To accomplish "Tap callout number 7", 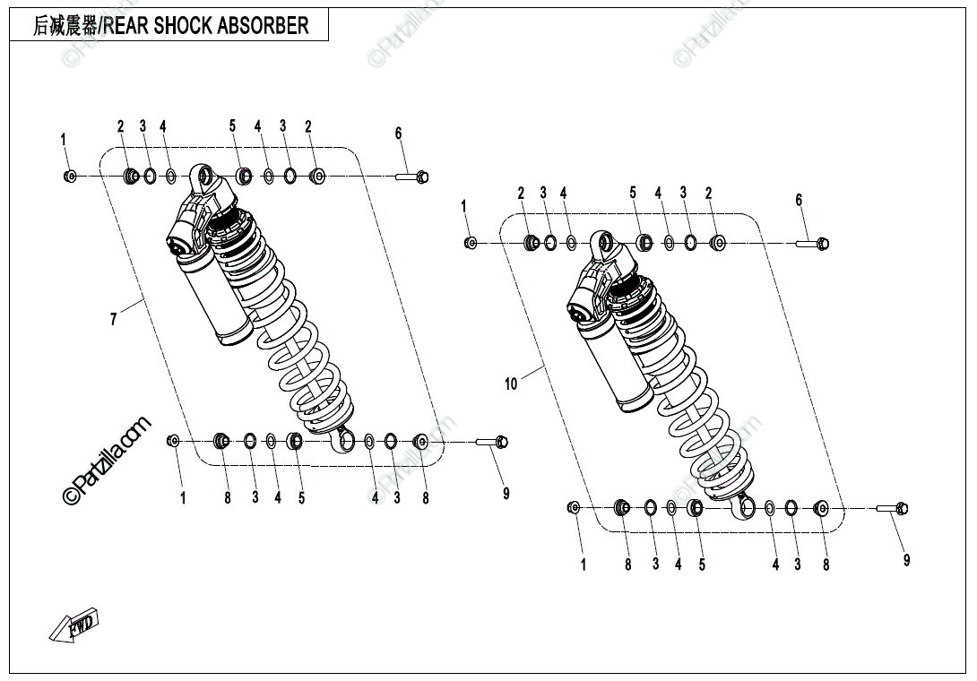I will [x=113, y=318].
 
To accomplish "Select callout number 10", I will [x=511, y=384].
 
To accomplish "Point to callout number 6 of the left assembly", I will [x=399, y=134].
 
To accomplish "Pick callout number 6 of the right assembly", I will [x=800, y=200].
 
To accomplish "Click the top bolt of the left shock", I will [x=414, y=177].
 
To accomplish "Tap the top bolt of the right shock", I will [x=815, y=242].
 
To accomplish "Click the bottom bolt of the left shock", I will [x=492, y=441].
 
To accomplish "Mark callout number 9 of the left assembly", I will [x=506, y=493].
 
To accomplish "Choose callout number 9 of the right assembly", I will [x=906, y=560].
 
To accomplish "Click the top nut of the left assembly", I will [x=70, y=177].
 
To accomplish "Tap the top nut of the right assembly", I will [x=471, y=242].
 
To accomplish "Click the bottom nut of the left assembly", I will [x=174, y=440].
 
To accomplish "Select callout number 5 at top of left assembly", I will [x=232, y=126].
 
